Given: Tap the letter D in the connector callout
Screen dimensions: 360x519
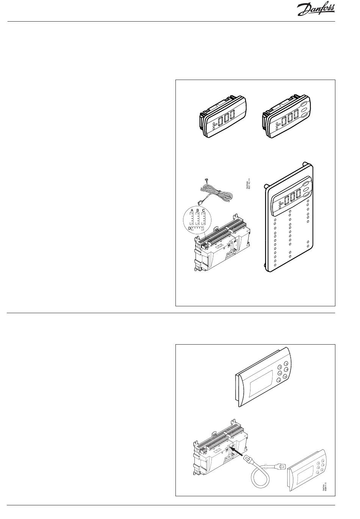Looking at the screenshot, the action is [x=189, y=228].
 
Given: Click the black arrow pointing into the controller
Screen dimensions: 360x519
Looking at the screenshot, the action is [x=236, y=452].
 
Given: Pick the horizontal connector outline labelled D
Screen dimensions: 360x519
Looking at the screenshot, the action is [x=197, y=229].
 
